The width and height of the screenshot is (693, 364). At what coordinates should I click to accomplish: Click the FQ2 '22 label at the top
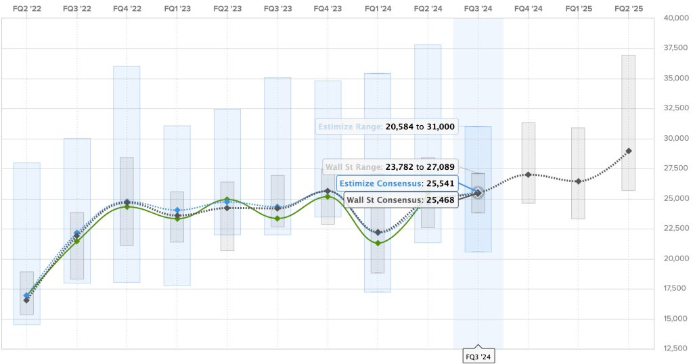(26, 8)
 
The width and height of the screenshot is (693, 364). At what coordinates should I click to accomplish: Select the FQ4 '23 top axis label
(328, 8)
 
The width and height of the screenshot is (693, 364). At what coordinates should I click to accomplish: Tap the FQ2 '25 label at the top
(629, 8)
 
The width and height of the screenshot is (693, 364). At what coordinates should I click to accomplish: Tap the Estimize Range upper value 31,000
(438, 127)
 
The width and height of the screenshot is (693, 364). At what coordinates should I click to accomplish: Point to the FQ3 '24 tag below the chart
(478, 356)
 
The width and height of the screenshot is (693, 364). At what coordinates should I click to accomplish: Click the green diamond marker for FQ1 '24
(378, 243)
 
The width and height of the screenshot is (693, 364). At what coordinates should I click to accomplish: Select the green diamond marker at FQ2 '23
(227, 200)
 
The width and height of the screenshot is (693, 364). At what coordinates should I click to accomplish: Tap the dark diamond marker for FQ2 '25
(629, 151)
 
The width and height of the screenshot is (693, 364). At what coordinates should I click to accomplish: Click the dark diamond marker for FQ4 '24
(529, 175)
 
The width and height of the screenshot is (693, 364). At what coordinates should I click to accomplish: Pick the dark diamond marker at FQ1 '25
(578, 181)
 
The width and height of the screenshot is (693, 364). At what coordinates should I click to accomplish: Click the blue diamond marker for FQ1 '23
(177, 210)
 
